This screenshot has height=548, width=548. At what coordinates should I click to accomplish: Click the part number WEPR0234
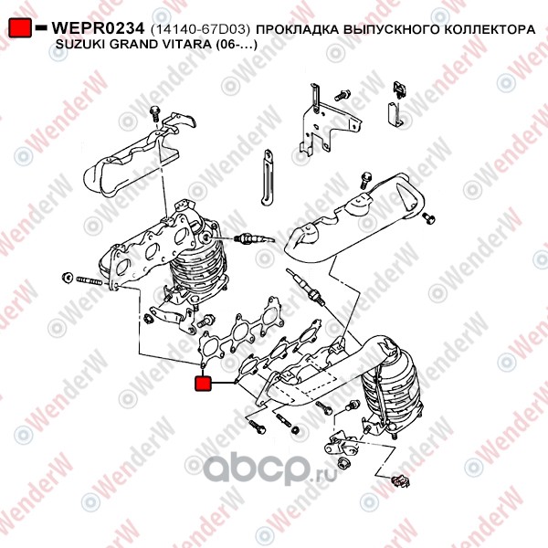pos(98,28)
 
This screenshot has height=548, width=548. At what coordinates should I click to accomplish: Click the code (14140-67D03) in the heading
pos(201,30)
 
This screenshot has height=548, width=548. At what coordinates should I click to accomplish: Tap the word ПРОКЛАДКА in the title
pos(298,30)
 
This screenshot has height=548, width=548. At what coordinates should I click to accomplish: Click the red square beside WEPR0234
pos(20,27)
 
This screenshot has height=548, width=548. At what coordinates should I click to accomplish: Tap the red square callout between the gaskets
pos(203,383)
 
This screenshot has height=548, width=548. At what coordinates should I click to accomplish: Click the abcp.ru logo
pos(269,469)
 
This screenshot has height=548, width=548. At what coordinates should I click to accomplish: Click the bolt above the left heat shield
pos(154,113)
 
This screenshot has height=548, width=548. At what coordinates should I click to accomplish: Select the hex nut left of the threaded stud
pos(67,277)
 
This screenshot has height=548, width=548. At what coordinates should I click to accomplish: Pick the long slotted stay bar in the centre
pos(267,177)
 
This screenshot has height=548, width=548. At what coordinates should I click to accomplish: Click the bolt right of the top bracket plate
pos(342,95)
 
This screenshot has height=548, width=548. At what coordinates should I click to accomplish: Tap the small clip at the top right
pos(399,89)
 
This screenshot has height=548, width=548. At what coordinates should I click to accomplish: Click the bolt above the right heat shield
pos(366,180)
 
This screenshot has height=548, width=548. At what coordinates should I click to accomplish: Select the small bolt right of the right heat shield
pos(429,217)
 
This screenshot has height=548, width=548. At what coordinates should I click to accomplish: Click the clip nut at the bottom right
pos(400,481)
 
